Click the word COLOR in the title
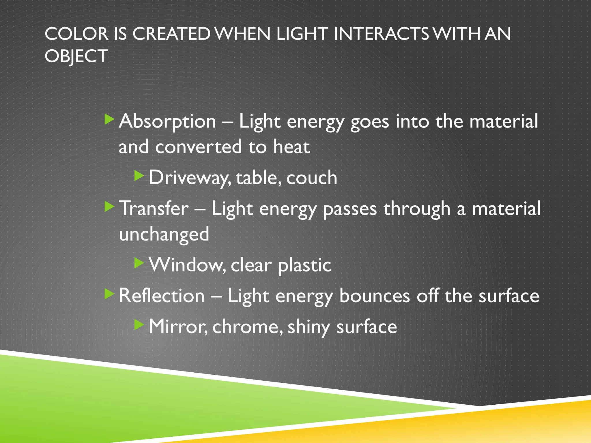tap(76, 34)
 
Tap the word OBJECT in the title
tap(76, 56)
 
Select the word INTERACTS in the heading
tap(381, 34)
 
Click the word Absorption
tap(167, 121)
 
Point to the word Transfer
tap(154, 208)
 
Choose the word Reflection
tap(162, 296)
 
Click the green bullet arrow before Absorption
tap(109, 119)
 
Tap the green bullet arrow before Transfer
tap(109, 207)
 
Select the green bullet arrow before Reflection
tap(109, 294)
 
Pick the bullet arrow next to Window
tap(139, 263)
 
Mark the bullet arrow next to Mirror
tap(139, 325)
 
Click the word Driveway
tap(189, 178)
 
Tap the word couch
tap(312, 178)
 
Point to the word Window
tap(188, 265)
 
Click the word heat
tap(291, 147)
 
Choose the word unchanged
tap(164, 234)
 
